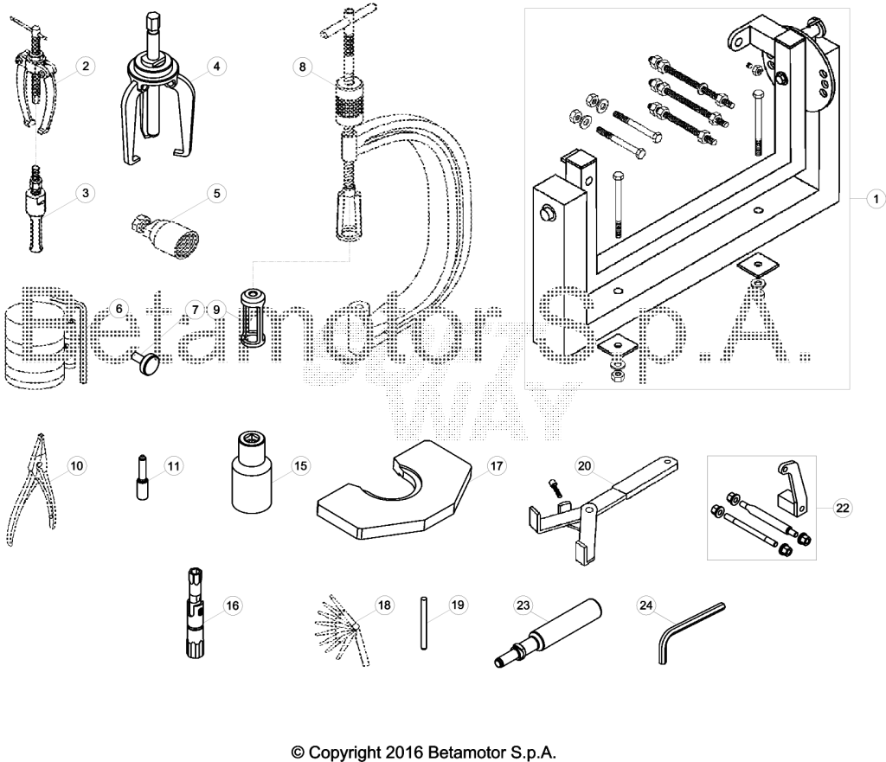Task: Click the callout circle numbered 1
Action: click(x=876, y=199)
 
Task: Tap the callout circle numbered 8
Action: click(x=302, y=67)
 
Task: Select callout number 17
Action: click(x=496, y=466)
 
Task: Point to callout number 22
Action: click(x=842, y=508)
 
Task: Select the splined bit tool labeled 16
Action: click(x=194, y=613)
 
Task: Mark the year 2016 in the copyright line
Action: click(x=405, y=752)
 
